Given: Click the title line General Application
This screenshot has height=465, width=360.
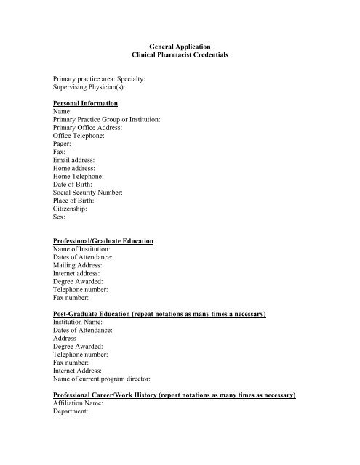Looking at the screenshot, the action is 179,45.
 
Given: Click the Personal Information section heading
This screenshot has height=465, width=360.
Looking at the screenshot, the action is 90,104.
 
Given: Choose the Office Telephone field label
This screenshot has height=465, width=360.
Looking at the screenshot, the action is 80,135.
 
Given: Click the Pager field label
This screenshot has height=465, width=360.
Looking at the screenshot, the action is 63,144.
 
